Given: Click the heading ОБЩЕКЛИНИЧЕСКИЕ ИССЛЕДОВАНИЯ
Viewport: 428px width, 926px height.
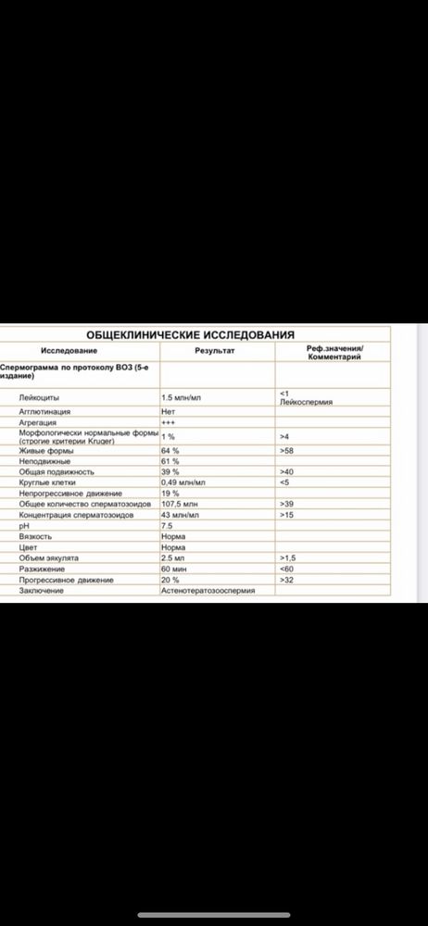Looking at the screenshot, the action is coord(190,334).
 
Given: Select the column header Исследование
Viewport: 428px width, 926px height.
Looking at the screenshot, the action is coord(67,352).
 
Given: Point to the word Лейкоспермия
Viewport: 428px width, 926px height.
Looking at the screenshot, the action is coord(306,402).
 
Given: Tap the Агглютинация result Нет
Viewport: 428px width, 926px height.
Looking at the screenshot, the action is coord(169,410).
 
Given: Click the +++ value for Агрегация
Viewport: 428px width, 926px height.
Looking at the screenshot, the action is coord(169,421).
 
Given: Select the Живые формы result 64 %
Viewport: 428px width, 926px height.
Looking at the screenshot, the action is coord(170,451).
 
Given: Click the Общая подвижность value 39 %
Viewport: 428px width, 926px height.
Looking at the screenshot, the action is coord(170,471).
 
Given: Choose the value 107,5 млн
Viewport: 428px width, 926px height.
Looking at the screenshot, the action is coord(180,504).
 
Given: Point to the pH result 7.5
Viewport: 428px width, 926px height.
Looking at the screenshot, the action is coord(168,525).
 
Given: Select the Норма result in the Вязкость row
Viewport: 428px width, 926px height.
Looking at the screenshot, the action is coord(173,536).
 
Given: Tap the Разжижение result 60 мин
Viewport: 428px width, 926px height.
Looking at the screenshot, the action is coord(174,569).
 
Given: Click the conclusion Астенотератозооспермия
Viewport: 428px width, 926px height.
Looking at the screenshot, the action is coord(206,590).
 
